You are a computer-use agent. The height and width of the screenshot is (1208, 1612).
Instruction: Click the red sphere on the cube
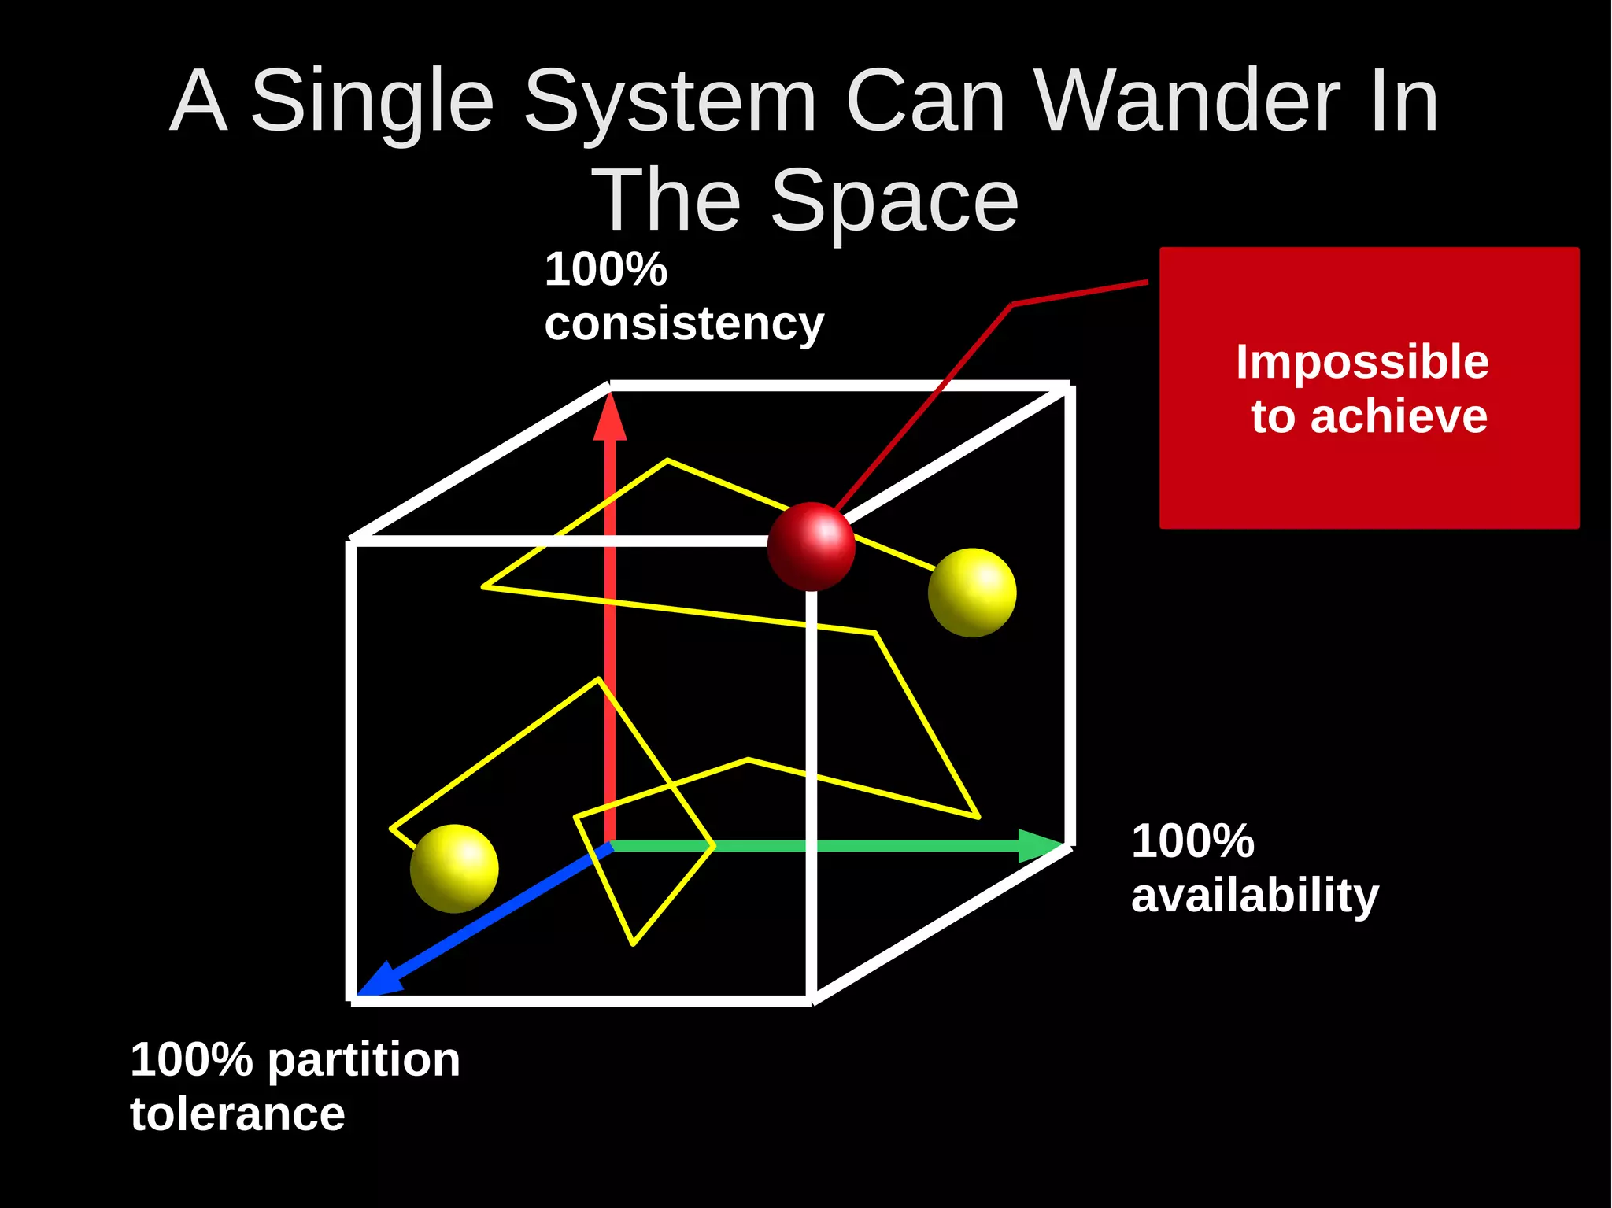tap(811, 546)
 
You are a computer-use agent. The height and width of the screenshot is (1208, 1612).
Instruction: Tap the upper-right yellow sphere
tap(972, 592)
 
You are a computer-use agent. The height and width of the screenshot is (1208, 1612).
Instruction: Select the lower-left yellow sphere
tap(454, 868)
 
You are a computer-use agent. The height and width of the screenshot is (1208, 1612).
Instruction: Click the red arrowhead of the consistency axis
tap(610, 418)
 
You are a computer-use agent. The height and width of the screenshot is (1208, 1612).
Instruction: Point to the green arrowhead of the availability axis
tap(1041, 846)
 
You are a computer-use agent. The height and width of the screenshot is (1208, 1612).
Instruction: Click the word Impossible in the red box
tap(1362, 362)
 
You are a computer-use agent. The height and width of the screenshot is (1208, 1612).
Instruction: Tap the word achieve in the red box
tap(1399, 416)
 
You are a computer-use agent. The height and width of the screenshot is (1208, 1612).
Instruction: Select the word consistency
tap(684, 323)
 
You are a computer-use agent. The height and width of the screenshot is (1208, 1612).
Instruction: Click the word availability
tap(1255, 896)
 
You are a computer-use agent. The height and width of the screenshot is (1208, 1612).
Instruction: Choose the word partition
tap(364, 1060)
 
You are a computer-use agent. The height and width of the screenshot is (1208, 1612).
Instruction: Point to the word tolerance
tap(238, 1114)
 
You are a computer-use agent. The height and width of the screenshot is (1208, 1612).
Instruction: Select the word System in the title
tap(670, 101)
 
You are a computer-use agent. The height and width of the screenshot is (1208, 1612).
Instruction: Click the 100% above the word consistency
tap(606, 269)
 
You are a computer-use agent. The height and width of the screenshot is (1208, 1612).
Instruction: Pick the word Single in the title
tap(372, 101)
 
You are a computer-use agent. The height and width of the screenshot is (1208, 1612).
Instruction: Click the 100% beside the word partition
tap(191, 1060)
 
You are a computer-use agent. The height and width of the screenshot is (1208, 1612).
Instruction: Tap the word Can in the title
tap(926, 101)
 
